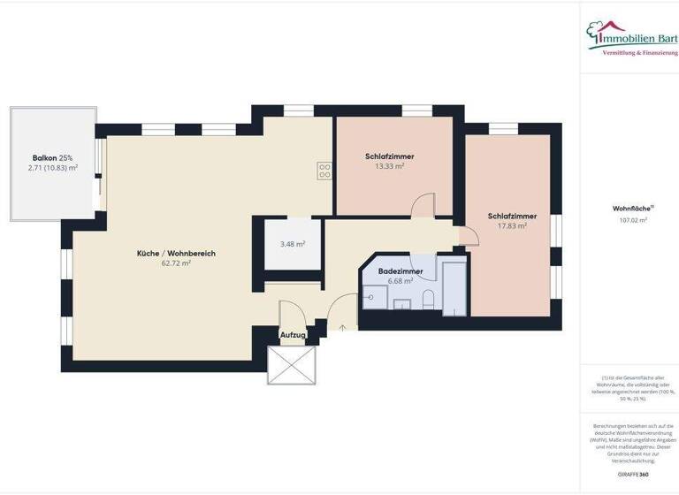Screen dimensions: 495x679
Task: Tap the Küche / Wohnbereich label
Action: [176, 254]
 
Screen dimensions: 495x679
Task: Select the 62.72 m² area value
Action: [176, 263]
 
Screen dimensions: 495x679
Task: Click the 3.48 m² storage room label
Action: [293, 244]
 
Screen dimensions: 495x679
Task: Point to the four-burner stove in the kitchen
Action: [324, 171]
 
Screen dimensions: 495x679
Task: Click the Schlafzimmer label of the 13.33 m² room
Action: [389, 156]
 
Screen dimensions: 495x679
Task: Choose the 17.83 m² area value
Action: [512, 225]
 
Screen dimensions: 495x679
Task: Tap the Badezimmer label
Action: [401, 271]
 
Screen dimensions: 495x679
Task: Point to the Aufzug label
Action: [293, 336]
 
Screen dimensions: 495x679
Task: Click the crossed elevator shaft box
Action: [292, 365]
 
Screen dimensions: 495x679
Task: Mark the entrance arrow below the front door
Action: [343, 328]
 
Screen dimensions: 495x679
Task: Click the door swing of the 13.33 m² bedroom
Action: [423, 205]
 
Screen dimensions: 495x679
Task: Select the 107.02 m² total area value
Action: [633, 220]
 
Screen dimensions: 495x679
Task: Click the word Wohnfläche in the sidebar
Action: [631, 209]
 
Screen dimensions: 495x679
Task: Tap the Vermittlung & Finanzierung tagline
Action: [640, 53]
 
